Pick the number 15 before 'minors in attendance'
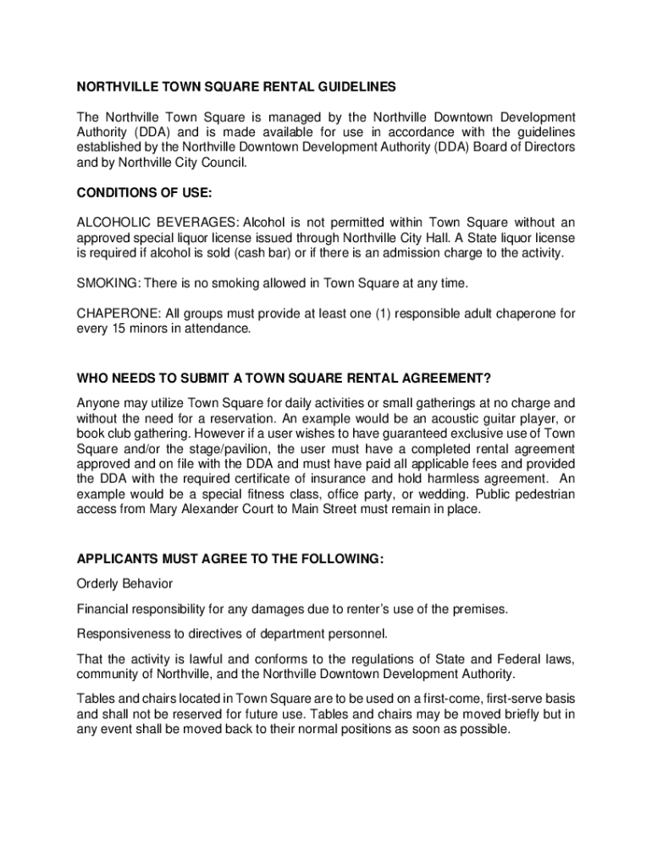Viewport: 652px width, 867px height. coord(114,329)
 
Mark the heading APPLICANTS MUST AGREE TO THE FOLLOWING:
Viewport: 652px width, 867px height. coord(230,559)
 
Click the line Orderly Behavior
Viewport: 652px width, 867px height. coord(124,584)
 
